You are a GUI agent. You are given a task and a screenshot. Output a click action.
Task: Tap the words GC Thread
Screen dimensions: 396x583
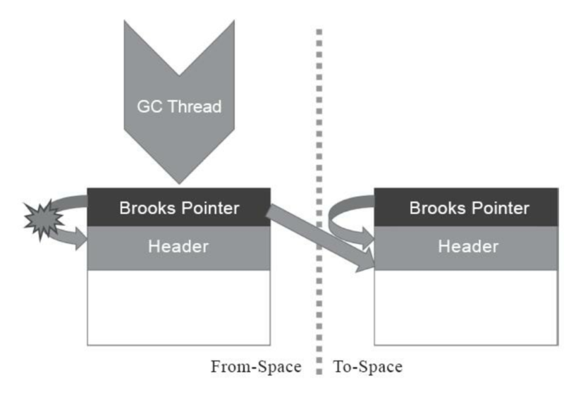pos(178,107)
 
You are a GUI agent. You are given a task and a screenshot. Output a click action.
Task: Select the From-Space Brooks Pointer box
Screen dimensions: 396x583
pos(178,207)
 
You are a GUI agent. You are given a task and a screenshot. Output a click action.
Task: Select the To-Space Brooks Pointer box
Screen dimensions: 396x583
pos(466,207)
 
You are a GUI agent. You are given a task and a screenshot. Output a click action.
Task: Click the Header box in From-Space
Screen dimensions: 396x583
pos(178,247)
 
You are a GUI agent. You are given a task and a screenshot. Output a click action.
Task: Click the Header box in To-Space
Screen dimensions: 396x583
pos(466,247)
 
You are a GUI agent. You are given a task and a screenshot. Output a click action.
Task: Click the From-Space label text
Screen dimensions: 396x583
pos(256,367)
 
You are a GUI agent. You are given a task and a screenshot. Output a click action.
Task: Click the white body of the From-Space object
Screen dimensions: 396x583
pos(178,307)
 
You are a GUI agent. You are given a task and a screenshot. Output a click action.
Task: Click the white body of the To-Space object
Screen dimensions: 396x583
pos(466,307)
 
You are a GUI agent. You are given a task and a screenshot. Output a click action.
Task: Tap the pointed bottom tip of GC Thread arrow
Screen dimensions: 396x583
pos(178,180)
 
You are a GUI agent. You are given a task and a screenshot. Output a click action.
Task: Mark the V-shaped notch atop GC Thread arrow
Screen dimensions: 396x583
pos(178,70)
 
